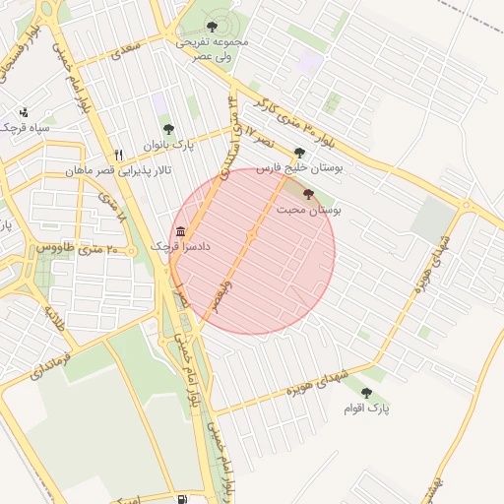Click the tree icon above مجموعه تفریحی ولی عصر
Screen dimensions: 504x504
pos(213,27)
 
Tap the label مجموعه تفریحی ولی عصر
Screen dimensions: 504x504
pos(213,50)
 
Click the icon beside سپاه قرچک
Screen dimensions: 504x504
pos(24,112)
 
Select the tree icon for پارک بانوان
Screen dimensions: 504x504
pos(168,129)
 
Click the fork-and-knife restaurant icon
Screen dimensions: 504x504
pos(118,155)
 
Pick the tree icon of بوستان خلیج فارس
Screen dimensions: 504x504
pos(299,153)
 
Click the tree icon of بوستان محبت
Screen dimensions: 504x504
pos(309,194)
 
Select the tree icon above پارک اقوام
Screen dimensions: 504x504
pos(366,393)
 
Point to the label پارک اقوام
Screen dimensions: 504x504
pos(367,408)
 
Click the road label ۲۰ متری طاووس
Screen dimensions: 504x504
pos(78,249)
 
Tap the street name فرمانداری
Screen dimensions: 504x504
pos(49,364)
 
